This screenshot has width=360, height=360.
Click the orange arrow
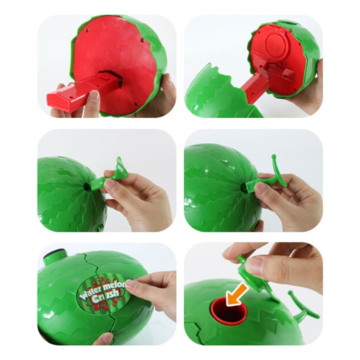coord(237,294)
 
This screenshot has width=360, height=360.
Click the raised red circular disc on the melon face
coord(276,45)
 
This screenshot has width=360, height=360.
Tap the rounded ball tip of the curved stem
coord(274,156)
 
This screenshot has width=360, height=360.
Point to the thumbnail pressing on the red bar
coord(94,95)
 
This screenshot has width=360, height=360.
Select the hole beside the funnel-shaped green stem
coord(87,187)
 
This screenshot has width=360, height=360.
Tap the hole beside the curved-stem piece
coord(243,188)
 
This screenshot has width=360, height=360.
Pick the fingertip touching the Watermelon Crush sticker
coord(132,286)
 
